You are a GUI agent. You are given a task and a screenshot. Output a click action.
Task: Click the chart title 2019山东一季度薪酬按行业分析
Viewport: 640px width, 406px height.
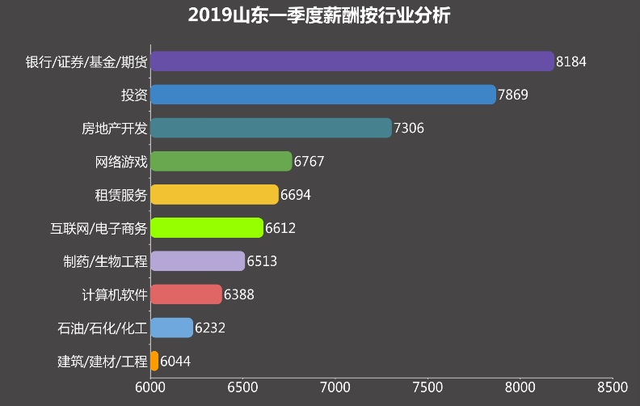319,15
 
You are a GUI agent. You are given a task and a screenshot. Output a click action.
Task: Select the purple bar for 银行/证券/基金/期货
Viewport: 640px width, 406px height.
352,61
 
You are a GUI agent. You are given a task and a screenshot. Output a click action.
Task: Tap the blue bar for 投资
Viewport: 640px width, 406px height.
323,95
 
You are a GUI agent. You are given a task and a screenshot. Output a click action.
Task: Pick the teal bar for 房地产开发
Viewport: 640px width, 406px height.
271,128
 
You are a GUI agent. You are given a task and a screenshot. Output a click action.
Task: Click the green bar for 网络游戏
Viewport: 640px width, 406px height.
221,161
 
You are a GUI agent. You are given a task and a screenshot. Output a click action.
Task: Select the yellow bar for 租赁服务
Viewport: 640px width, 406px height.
214,195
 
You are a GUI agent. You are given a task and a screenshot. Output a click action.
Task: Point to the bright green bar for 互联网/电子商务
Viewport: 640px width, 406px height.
207,228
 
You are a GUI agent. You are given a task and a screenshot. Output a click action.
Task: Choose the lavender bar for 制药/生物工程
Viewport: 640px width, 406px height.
198,261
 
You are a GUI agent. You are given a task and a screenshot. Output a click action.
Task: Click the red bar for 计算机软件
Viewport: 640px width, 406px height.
187,294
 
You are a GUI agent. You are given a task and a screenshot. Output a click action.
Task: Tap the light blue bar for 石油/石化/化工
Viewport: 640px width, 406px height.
172,328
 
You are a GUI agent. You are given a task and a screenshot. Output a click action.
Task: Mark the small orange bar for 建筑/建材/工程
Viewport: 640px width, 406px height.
155,361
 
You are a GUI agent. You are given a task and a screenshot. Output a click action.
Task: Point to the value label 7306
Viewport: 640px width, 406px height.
409,128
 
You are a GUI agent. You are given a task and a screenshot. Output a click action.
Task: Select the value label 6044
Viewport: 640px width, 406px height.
176,362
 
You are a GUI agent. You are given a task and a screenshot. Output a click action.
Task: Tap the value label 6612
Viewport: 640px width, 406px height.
280,228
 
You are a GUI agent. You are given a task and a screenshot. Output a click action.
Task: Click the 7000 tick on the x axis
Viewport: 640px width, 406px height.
335,388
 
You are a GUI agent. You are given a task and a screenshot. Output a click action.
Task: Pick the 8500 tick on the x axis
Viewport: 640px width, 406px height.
612,388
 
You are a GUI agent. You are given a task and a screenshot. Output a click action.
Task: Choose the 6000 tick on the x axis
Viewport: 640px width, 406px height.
151,388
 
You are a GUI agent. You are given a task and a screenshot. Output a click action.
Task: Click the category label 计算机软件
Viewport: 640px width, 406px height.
115,294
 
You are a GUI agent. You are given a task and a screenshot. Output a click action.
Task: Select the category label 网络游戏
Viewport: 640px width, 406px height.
121,161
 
